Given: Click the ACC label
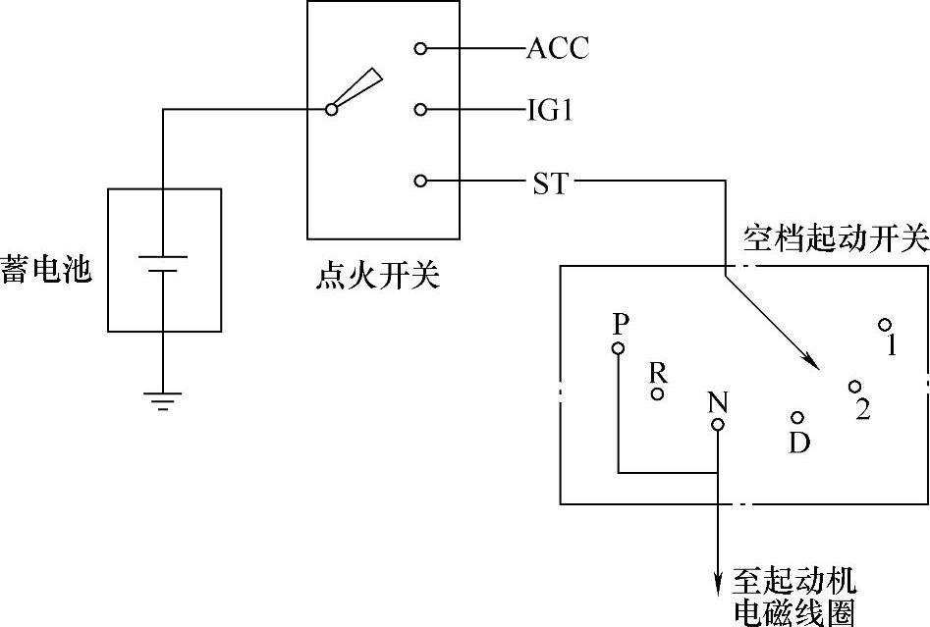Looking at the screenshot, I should (x=558, y=48).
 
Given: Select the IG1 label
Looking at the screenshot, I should (x=550, y=110).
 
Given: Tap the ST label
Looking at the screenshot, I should (x=550, y=183).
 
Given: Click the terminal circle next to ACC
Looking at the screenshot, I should (x=420, y=48).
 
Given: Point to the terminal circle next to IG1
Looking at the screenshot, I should (x=420, y=110).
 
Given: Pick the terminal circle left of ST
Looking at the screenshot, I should (x=420, y=182).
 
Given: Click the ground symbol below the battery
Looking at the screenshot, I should (x=163, y=400).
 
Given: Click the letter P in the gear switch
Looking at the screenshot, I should (x=618, y=324).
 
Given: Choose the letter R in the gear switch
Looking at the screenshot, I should (x=658, y=372).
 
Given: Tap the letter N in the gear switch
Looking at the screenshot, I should (x=718, y=401).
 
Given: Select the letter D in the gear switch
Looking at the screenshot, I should (x=799, y=444).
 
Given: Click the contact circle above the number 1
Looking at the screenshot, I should (x=885, y=325).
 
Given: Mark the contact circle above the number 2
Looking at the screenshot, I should (x=855, y=388).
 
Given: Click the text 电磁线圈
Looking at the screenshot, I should (x=794, y=612).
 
